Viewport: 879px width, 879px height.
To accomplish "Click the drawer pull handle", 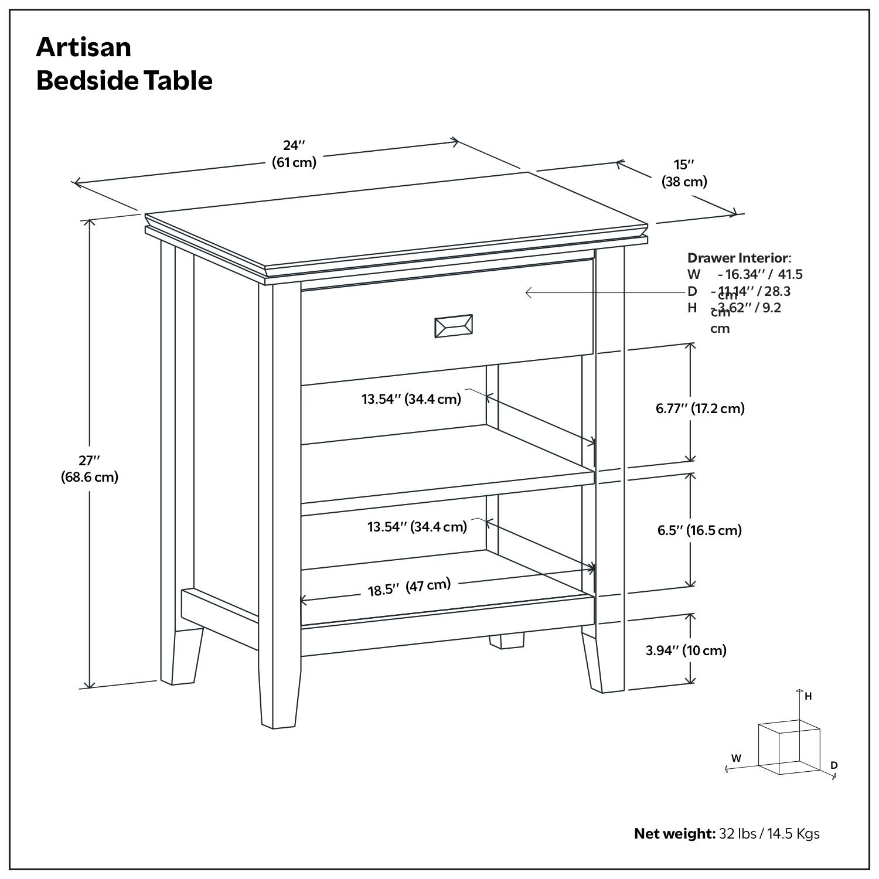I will point(453,326).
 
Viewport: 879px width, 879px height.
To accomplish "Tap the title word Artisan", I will point(84,47).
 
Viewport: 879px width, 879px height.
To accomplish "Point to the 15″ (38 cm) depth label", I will point(684,173).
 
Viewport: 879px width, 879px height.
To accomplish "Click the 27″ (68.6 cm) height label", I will point(90,469).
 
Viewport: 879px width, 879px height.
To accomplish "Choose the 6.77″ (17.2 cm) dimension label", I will point(700,408).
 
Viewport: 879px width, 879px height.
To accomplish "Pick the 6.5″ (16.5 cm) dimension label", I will point(699,530).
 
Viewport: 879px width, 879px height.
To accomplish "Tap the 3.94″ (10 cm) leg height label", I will point(686,650).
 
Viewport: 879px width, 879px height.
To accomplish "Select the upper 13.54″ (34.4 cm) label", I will point(411,399).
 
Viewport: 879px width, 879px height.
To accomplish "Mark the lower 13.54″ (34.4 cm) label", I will point(417,526).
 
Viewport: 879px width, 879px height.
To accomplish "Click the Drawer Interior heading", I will point(738,258).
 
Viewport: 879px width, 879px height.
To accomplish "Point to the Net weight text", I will point(674,833).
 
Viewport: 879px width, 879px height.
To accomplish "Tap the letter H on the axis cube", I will point(808,696).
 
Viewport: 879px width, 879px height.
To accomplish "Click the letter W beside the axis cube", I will point(736,758).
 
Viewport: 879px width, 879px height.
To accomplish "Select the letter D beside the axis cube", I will point(834,765).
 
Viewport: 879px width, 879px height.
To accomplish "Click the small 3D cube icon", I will point(788,747).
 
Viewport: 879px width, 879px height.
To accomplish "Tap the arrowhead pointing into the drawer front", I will point(528,292).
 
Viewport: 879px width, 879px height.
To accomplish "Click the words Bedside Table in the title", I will point(124,80).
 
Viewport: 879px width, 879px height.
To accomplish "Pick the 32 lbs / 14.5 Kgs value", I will point(769,833).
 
